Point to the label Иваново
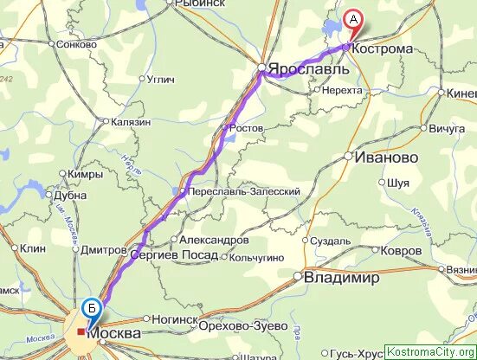(387, 157)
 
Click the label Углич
(162, 80)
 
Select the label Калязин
(131, 122)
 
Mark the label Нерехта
(341, 89)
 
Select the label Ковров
(402, 250)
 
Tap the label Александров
(213, 240)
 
